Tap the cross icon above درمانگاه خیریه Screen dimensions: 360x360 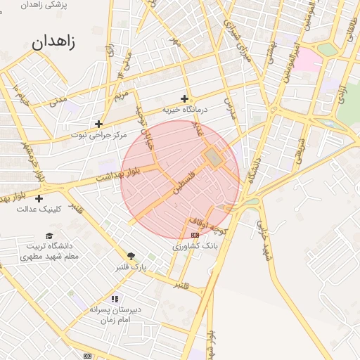(x=185, y=98)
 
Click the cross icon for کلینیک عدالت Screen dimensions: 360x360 (x=39, y=199)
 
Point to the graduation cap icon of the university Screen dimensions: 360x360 (x=49, y=236)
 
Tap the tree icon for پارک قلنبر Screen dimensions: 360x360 (x=131, y=257)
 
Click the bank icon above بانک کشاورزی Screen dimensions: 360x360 (x=195, y=235)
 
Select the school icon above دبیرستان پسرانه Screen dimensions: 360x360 (x=115, y=299)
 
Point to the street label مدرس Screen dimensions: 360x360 (x=230, y=106)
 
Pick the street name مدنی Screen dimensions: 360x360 (x=58, y=101)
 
